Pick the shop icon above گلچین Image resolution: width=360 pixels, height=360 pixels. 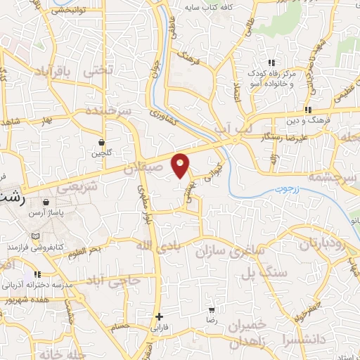pos(102,142)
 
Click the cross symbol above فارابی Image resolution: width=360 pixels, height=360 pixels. pos(160,317)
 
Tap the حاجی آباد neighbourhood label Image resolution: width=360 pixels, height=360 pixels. pos(116,280)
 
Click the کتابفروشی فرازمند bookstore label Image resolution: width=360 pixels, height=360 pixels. pos(56,247)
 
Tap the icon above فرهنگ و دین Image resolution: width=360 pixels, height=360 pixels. pos(308,110)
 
